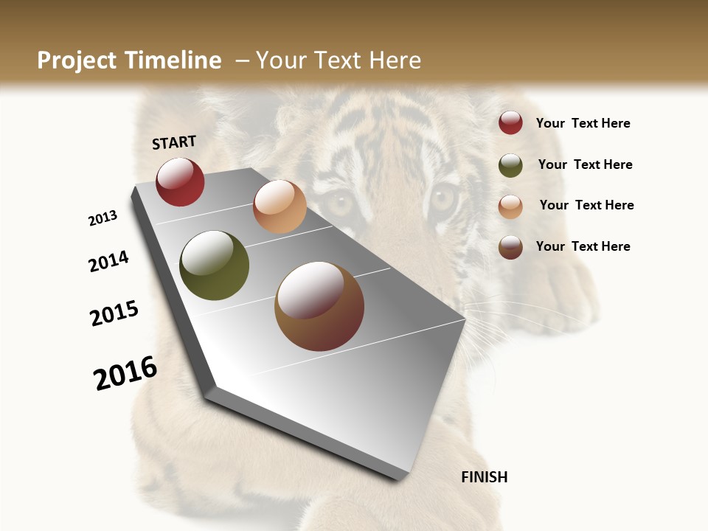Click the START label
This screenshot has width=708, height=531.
pyautogui.click(x=174, y=142)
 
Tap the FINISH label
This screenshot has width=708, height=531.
pyautogui.click(x=485, y=477)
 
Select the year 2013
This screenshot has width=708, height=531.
pyautogui.click(x=103, y=218)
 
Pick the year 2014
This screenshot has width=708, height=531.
pyautogui.click(x=108, y=261)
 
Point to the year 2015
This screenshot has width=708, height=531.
pyautogui.click(x=114, y=313)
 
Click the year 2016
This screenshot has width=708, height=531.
pyautogui.click(x=125, y=372)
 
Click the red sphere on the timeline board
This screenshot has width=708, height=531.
pyautogui.click(x=180, y=181)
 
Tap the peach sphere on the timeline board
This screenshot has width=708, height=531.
pyautogui.click(x=280, y=206)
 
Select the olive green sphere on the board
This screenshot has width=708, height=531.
pyautogui.click(x=214, y=265)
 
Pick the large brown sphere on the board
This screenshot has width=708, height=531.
pyautogui.click(x=319, y=306)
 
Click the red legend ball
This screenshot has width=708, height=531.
pyautogui.click(x=510, y=122)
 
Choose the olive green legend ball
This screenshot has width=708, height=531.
pyautogui.click(x=510, y=165)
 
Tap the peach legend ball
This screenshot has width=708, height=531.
pyautogui.click(x=510, y=206)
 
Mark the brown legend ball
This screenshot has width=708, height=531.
pyautogui.click(x=510, y=247)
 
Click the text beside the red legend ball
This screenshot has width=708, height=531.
pyautogui.click(x=583, y=123)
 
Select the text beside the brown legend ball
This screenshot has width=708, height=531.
pyautogui.click(x=583, y=246)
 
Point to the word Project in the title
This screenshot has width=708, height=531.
pyautogui.click(x=77, y=60)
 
